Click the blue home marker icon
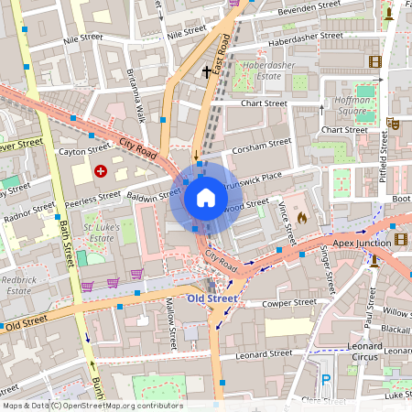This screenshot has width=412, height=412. point(205,197)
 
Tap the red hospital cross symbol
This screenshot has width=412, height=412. point(100,170)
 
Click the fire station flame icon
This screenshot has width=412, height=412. point(303,219)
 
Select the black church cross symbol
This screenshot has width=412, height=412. point(207,70)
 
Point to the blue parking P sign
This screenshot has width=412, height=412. point(326,380)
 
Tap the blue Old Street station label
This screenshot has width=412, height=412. point(212,298)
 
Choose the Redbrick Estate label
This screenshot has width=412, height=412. point(18,284)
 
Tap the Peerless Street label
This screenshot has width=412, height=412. point(93,196)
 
